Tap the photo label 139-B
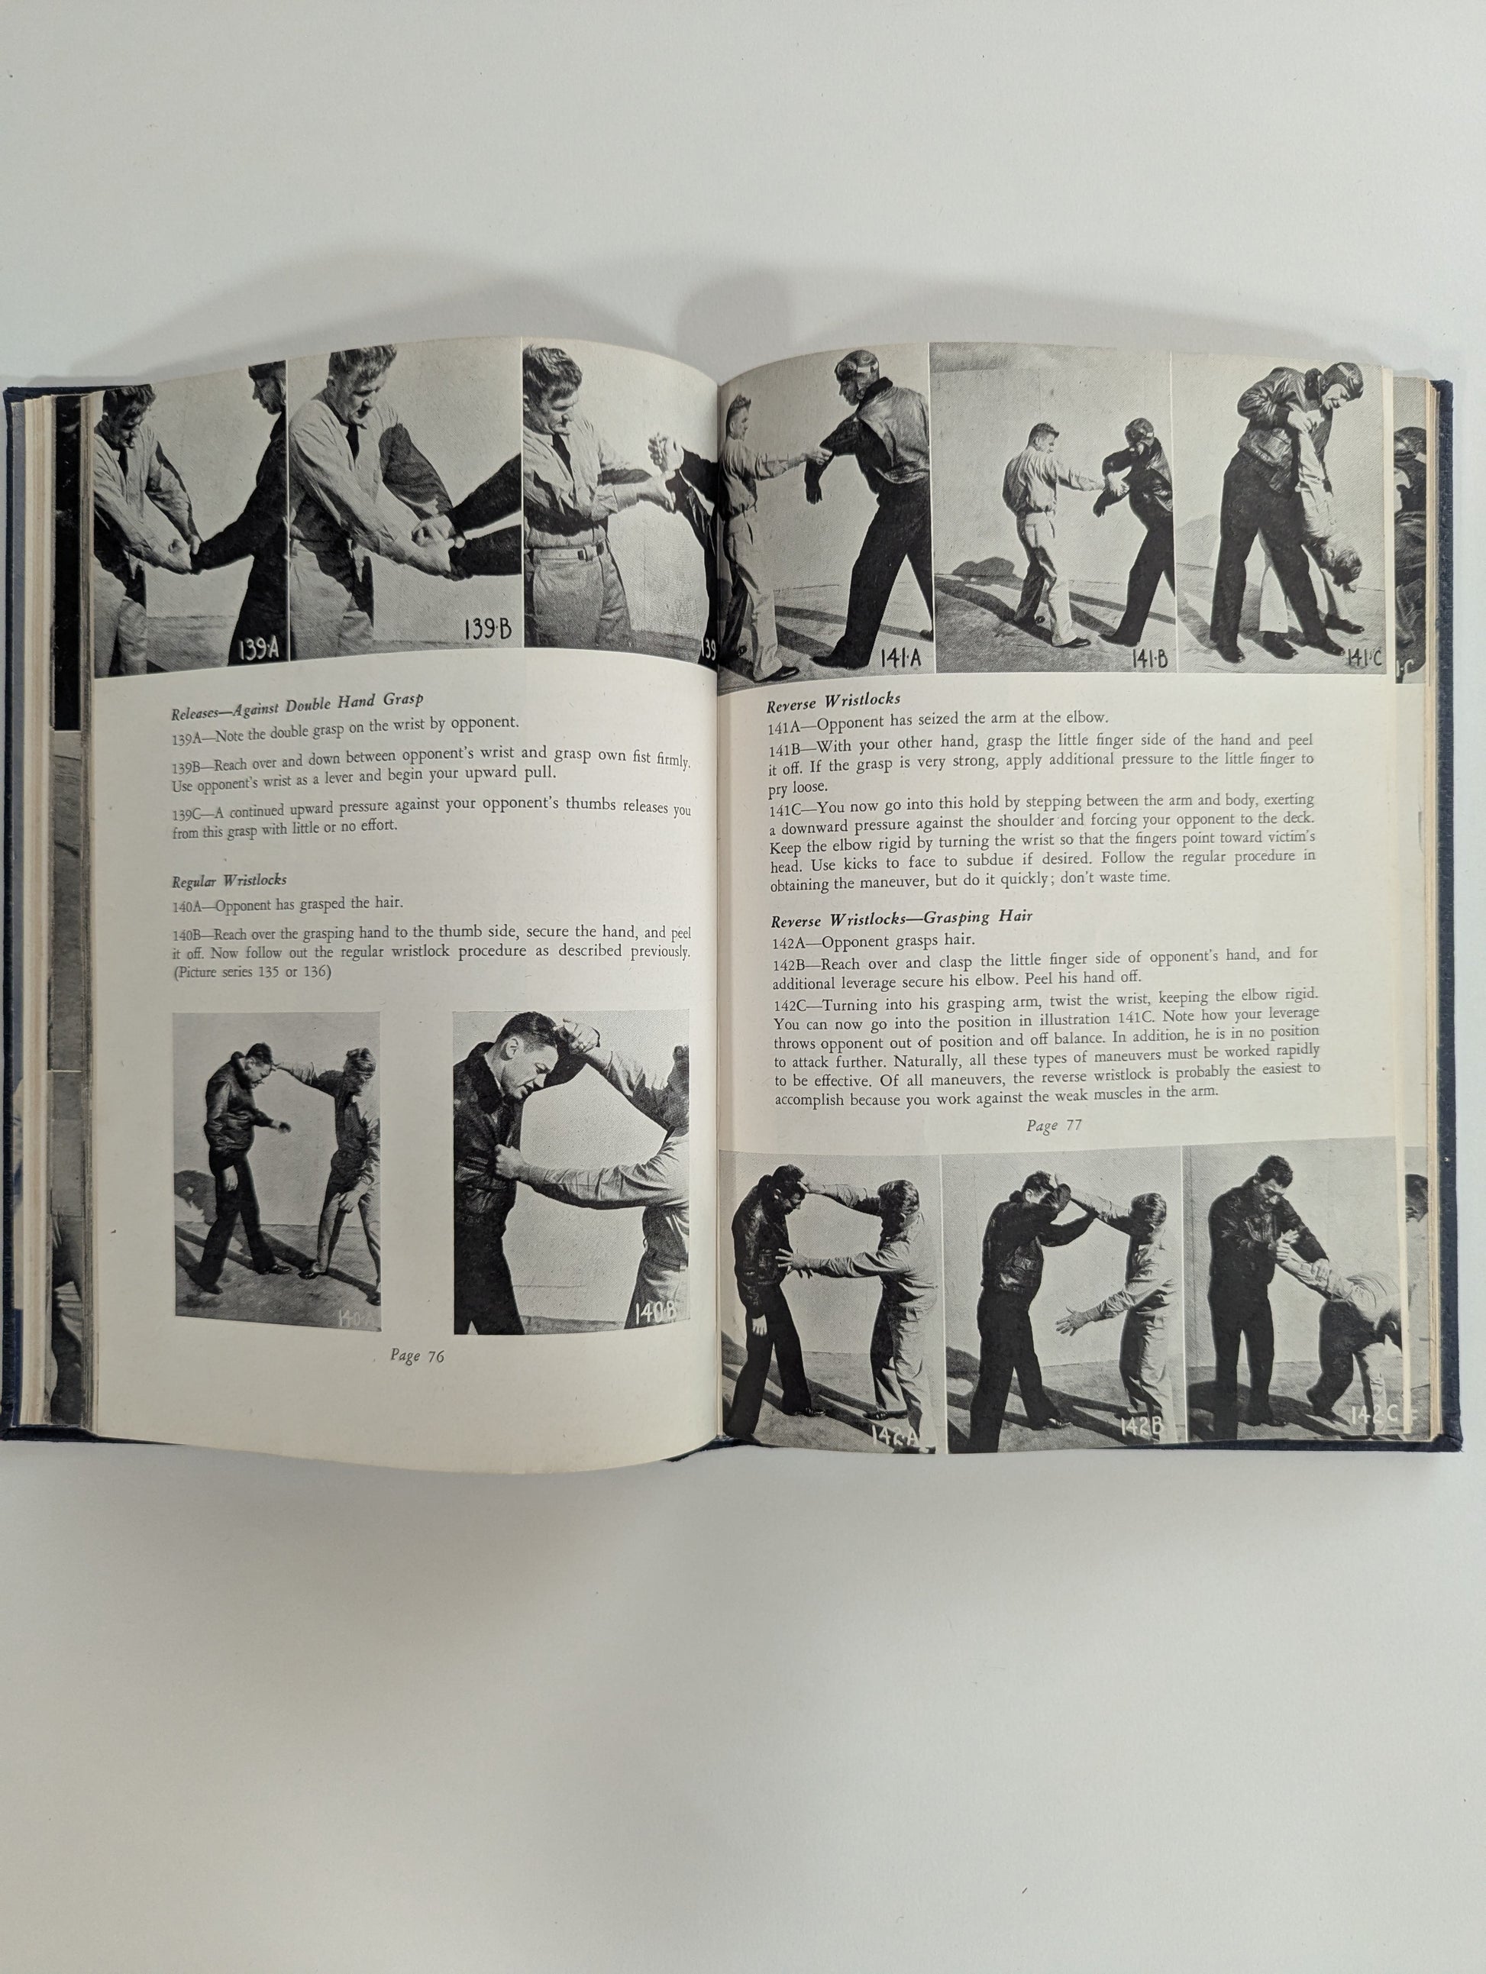(487, 629)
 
